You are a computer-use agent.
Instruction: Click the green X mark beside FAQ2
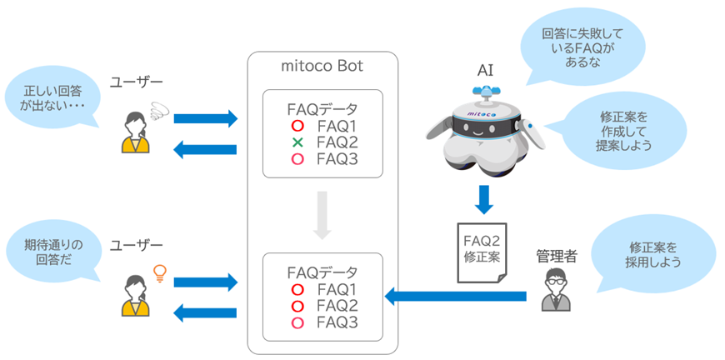[x=297, y=142]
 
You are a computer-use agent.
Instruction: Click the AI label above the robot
[x=485, y=71]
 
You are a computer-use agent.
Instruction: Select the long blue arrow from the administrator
[x=455, y=296]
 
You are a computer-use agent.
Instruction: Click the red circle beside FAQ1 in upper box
[x=297, y=126]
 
